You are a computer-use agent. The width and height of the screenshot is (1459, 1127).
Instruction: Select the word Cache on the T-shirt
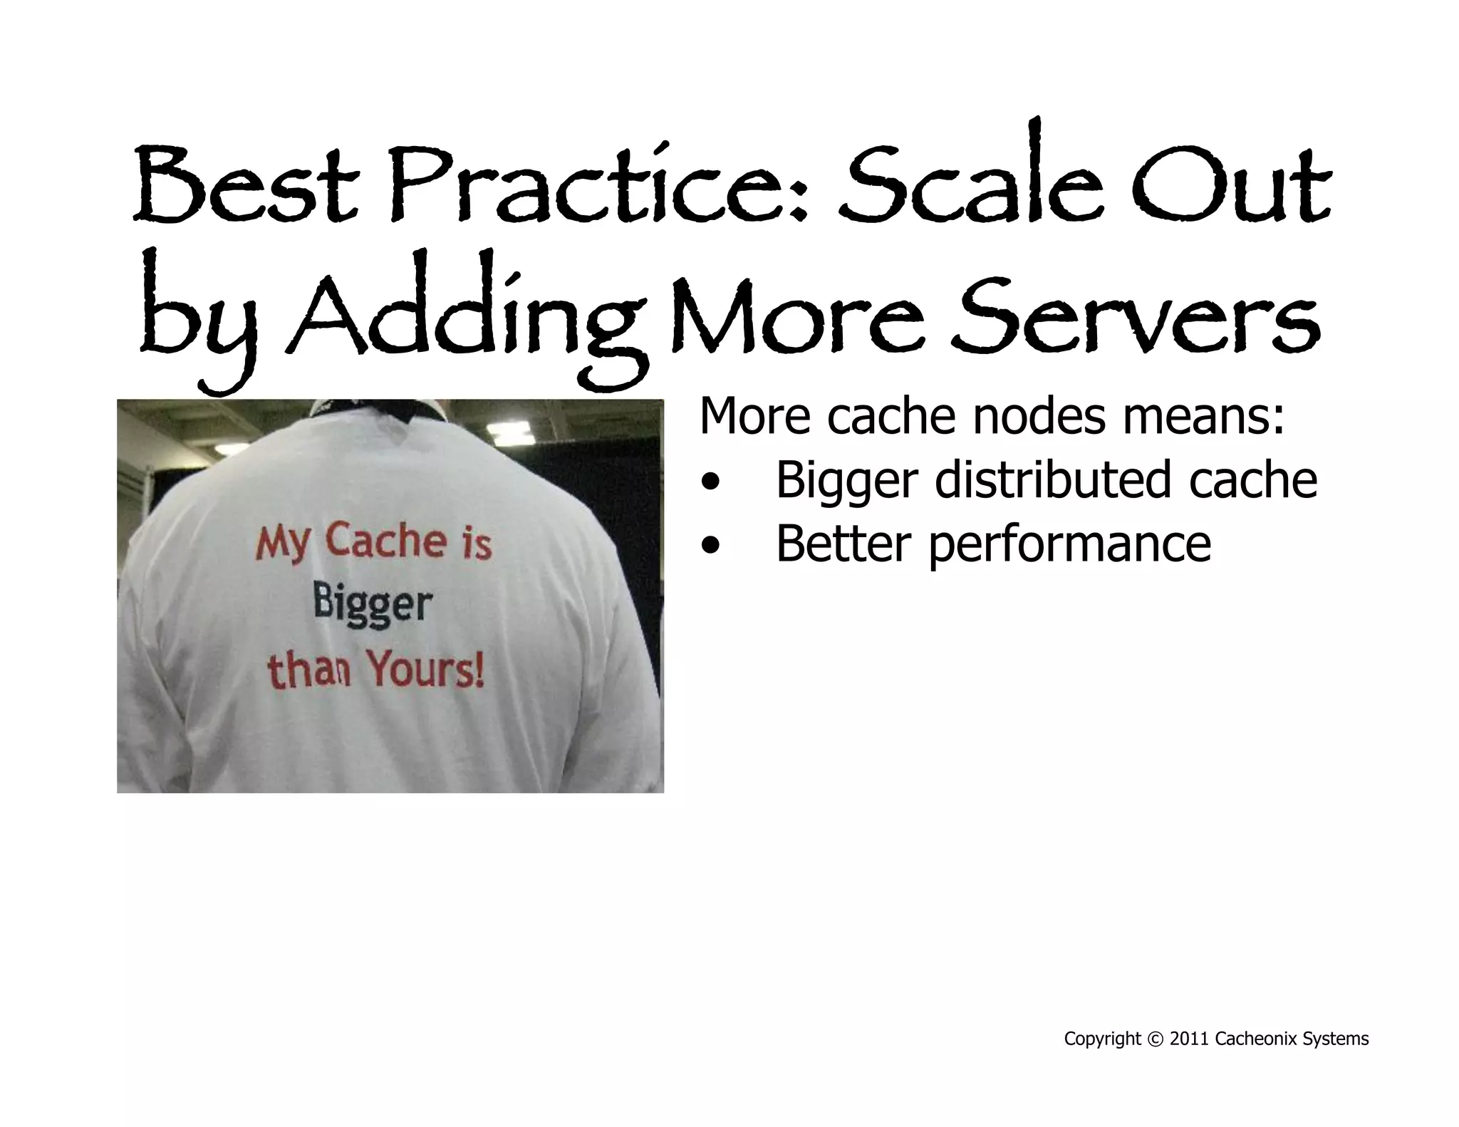[x=386, y=541]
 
